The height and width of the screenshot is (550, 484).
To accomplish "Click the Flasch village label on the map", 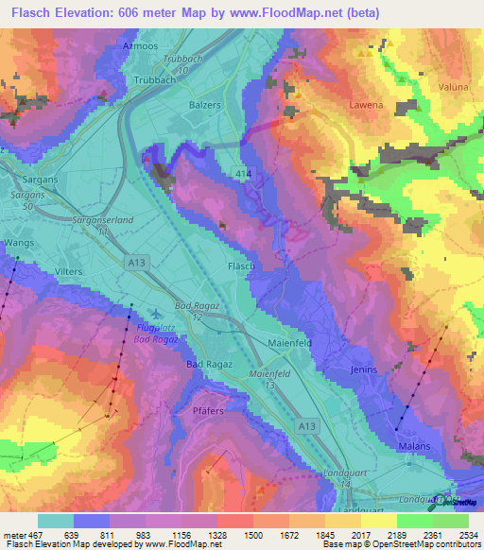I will pyautogui.click(x=241, y=266).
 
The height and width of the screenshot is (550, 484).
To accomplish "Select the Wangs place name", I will pyautogui.click(x=18, y=243).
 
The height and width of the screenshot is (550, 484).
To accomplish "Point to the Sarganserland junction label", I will pyautogui.click(x=101, y=218).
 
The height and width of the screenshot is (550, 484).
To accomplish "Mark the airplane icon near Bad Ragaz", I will pyautogui.click(x=156, y=315).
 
